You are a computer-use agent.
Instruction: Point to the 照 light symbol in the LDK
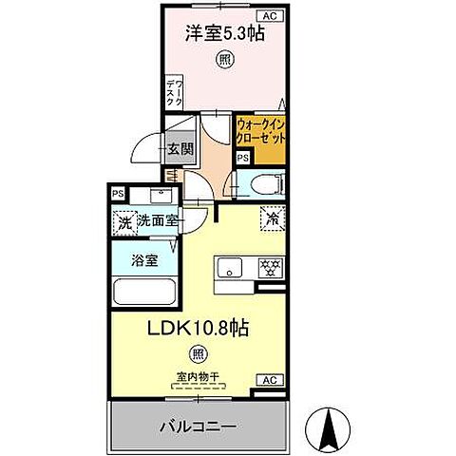click(198, 355)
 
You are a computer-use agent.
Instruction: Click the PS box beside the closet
click(243, 158)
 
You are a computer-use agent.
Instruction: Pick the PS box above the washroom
click(119, 195)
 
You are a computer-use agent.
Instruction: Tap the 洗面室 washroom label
click(158, 221)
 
